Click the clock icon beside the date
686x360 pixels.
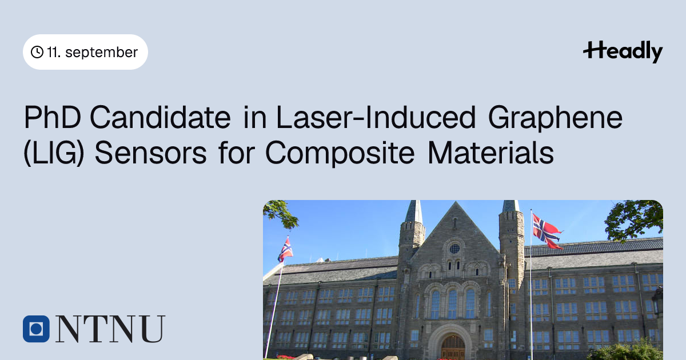click(37, 52)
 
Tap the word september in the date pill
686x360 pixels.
click(101, 53)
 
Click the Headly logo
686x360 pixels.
click(623, 51)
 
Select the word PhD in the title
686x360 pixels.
click(53, 117)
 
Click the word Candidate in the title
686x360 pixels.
click(160, 117)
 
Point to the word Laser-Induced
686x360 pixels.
click(376, 117)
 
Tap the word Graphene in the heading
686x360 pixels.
click(555, 119)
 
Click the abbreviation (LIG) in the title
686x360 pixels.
click(54, 153)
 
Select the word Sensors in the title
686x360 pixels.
click(150, 153)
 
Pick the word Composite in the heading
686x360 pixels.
click(340, 154)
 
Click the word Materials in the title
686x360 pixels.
click(490, 153)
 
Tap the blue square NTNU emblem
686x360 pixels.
click(36, 329)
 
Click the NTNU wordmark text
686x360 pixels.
click(110, 329)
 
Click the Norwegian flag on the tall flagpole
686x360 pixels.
click(547, 231)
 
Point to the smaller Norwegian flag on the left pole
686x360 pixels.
click(285, 250)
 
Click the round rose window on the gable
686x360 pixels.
click(454, 249)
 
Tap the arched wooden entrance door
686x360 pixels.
click(453, 347)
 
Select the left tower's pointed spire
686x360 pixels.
click(414, 212)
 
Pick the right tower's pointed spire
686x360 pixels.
click(511, 206)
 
